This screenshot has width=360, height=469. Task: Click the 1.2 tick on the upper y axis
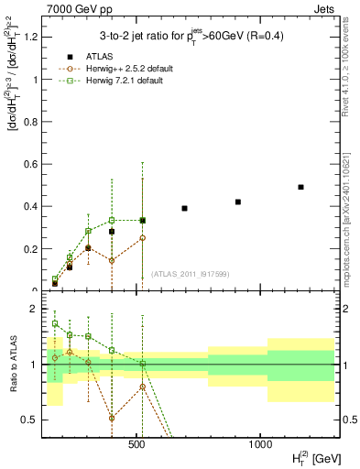[29, 37]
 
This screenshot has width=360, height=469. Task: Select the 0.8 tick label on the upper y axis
[29, 122]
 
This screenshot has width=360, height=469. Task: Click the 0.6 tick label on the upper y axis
[29, 164]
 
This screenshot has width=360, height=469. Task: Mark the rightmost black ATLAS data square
[300, 187]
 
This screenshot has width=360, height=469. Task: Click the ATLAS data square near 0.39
[184, 208]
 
